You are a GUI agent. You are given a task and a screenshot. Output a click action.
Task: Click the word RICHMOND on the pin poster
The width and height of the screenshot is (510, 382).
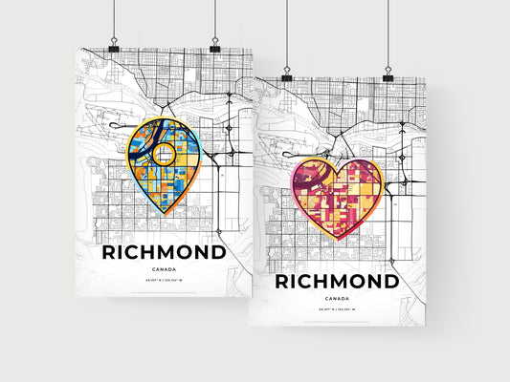tap(164, 253)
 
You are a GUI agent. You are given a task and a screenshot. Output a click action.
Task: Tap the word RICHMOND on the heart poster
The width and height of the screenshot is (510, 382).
tap(338, 283)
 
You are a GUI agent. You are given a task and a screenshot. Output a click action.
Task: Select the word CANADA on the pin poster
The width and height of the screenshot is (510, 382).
tap(164, 270)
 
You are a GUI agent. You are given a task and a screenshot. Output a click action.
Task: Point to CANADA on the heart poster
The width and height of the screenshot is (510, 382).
tap(338, 300)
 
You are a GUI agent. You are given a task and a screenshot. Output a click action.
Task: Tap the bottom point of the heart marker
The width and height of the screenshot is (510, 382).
tap(338, 238)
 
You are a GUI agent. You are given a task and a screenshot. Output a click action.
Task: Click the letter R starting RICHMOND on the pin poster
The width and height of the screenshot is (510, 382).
tap(108, 253)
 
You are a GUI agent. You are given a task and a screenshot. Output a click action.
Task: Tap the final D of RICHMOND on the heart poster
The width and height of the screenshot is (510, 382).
tap(390, 283)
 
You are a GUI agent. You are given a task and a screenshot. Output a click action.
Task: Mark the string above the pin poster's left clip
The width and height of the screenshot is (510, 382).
tap(114, 19)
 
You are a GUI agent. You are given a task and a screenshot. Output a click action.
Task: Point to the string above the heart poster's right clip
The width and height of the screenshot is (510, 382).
tap(388, 33)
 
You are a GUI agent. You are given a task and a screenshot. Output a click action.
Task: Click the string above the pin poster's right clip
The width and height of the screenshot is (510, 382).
tap(214, 19)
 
